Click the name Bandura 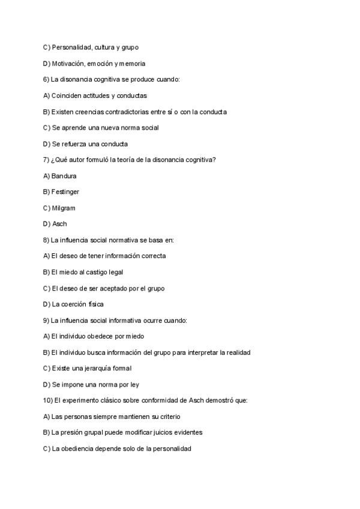pyautogui.click(x=64, y=176)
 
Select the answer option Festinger pyautogui.click(x=65, y=192)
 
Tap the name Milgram pyautogui.click(x=64, y=208)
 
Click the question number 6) pyautogui.click(x=47, y=79)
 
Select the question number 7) pyautogui.click(x=47, y=160)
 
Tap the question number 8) pyautogui.click(x=47, y=240)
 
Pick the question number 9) pyautogui.click(x=47, y=321)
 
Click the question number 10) pyautogui.click(x=49, y=400)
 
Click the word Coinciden pyautogui.click(x=67, y=95)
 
